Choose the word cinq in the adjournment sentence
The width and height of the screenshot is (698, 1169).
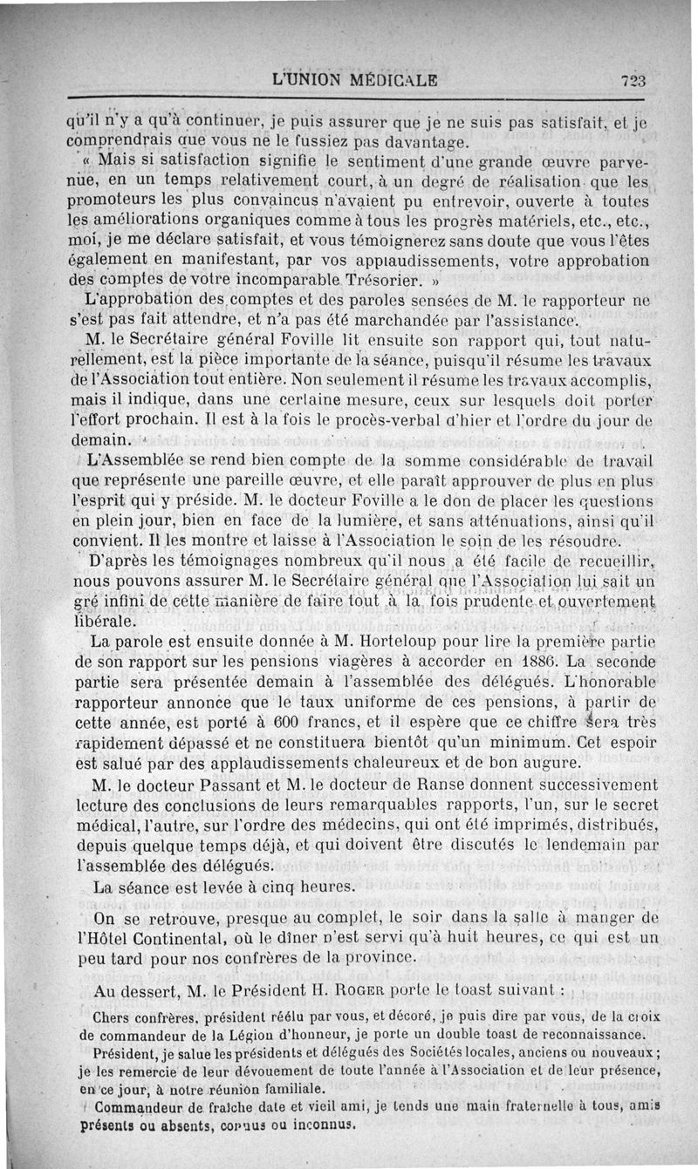pos(267,886)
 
